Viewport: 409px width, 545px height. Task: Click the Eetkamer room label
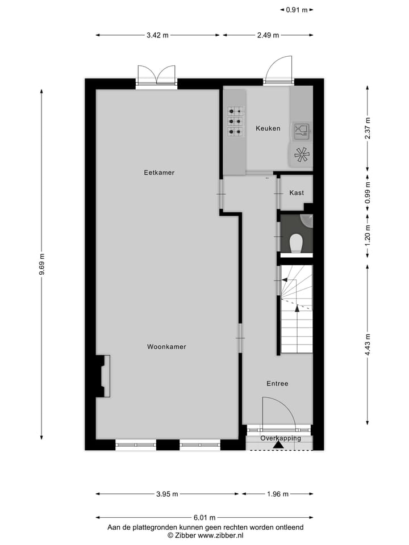(159, 173)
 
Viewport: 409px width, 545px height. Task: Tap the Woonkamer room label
(166, 346)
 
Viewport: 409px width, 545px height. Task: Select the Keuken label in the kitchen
(268, 128)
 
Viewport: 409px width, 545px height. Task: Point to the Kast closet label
(297, 193)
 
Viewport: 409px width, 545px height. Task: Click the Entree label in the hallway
(277, 384)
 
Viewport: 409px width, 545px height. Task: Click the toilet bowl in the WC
(296, 244)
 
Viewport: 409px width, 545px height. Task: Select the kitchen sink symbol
(301, 131)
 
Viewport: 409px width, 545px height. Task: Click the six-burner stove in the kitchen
(236, 121)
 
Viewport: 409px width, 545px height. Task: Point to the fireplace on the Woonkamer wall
(103, 376)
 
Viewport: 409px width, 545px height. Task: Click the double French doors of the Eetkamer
(156, 75)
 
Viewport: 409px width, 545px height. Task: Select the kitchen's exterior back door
(278, 70)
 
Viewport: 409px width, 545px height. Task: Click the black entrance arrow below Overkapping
(278, 445)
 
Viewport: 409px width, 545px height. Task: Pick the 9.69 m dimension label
(41, 265)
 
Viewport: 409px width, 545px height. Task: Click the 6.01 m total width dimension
(204, 517)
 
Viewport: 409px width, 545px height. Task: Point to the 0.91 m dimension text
(297, 10)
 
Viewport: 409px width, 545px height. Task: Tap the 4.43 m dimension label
(368, 345)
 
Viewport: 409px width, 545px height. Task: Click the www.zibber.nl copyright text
(205, 535)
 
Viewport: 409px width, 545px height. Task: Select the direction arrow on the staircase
(296, 309)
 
